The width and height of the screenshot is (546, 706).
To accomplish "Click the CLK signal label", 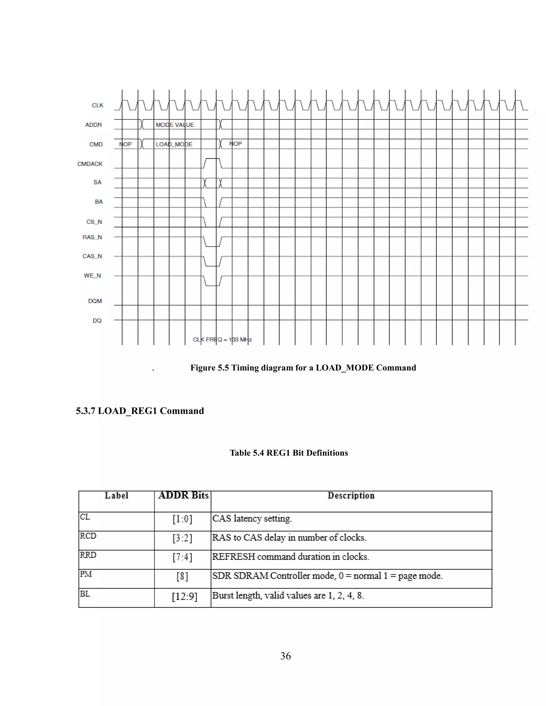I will [97, 106].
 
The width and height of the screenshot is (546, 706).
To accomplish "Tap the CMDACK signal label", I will [90, 164].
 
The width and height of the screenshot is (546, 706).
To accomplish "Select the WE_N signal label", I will [92, 276].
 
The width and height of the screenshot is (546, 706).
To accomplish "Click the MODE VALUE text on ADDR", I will [175, 125].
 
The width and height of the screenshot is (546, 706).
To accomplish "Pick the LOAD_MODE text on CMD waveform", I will [174, 144].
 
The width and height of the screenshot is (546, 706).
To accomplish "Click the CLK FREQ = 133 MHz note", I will [222, 339].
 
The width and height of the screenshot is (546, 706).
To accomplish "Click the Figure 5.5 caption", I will [303, 368].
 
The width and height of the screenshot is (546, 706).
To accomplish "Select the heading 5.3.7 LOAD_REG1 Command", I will [140, 411].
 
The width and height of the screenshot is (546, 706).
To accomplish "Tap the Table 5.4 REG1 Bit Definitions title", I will [288, 453].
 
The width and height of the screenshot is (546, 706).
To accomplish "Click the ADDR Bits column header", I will [183, 496].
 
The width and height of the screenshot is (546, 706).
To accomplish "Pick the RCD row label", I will [88, 536].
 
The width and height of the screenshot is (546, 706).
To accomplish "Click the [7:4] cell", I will [182, 557].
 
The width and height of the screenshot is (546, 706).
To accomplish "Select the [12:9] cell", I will [184, 596].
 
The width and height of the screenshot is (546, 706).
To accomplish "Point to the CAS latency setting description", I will [252, 518].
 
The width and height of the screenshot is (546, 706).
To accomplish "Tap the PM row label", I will [86, 574].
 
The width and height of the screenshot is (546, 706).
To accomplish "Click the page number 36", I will [285, 656].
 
